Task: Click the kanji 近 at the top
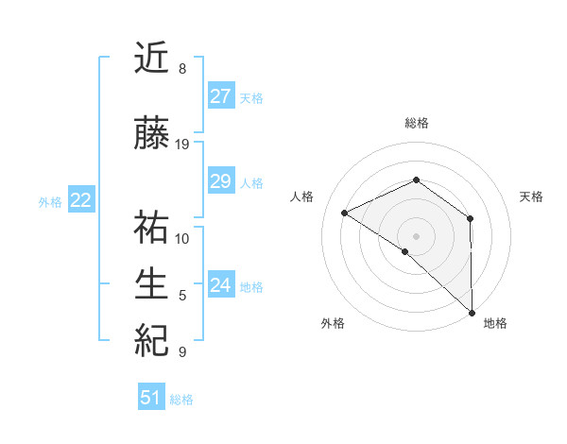(x=152, y=60)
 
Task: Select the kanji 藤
(x=152, y=135)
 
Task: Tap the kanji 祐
(x=152, y=230)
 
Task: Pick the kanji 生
(x=152, y=283)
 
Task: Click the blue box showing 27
(x=220, y=96)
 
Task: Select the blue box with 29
(x=220, y=181)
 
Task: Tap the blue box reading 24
(x=220, y=285)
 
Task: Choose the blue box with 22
(x=80, y=200)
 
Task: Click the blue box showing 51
(x=151, y=398)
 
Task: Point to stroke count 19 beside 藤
(x=182, y=145)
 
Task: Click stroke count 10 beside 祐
(x=182, y=238)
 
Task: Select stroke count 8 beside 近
(x=182, y=69)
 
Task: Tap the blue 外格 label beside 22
(x=50, y=201)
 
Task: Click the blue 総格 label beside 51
(x=181, y=400)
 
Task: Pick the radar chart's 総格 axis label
(x=416, y=123)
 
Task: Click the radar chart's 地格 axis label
(x=495, y=323)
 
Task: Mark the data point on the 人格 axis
(x=345, y=213)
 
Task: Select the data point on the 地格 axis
(x=472, y=312)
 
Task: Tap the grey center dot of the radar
(x=416, y=235)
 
